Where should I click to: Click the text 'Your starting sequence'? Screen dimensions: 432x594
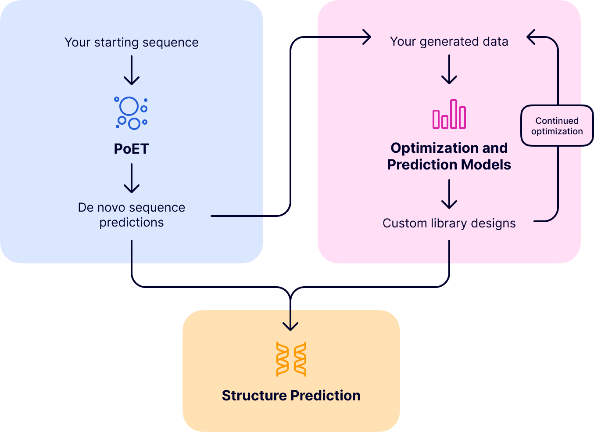(132, 42)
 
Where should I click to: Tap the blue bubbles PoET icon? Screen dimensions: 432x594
(131, 113)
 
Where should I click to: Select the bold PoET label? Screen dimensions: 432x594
(132, 149)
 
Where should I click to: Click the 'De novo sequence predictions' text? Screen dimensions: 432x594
(132, 215)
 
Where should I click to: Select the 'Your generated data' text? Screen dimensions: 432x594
(449, 41)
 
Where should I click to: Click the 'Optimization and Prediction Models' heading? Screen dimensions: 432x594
(449, 156)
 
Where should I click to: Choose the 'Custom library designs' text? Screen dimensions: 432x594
(449, 223)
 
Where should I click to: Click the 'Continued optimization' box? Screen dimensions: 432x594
(557, 126)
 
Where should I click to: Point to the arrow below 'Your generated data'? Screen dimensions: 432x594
(449, 69)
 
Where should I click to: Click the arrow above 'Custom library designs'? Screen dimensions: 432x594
(449, 194)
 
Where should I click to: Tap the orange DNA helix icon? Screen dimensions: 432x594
(291, 359)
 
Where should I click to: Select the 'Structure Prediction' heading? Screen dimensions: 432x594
(291, 396)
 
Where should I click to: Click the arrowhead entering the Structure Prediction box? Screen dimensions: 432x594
(290, 325)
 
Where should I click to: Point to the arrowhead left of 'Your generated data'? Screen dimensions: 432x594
(365, 37)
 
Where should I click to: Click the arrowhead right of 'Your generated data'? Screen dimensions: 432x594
(532, 37)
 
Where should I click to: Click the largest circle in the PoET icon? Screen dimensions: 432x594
(129, 106)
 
